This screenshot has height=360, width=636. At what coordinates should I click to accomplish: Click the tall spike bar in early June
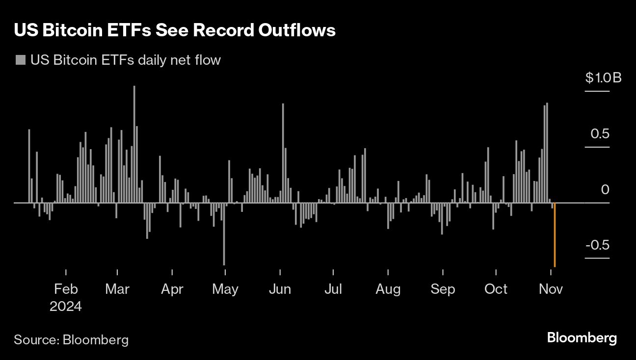(x=283, y=153)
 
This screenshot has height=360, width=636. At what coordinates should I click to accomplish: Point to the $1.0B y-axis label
(x=603, y=78)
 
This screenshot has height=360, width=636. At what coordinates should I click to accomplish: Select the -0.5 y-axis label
(x=597, y=245)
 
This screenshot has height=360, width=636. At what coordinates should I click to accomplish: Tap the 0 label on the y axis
(x=605, y=189)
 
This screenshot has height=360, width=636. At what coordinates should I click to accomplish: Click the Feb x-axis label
(x=66, y=289)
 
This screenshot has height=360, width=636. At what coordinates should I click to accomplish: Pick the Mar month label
(x=117, y=289)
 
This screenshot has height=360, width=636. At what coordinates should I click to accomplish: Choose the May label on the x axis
(x=225, y=289)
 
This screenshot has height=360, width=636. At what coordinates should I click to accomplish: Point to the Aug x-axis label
(x=388, y=289)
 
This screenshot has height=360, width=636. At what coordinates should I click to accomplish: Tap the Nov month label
(x=551, y=289)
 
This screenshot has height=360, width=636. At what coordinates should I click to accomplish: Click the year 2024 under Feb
(x=66, y=307)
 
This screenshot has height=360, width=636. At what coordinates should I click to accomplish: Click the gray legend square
(x=21, y=60)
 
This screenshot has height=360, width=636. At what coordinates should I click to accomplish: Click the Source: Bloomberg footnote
(x=71, y=339)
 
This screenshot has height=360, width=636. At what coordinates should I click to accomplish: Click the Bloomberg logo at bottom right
(x=582, y=338)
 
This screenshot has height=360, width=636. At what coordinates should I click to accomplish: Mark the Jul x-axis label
(x=333, y=289)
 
